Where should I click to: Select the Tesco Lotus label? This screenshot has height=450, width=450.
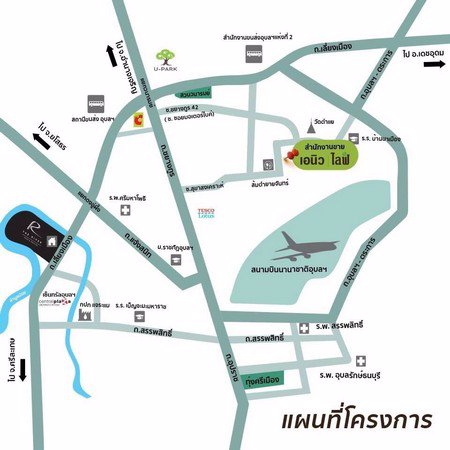coord(207,214)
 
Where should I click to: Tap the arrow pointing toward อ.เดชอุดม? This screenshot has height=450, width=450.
coord(433,64)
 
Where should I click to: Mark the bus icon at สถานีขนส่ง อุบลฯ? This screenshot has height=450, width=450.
coord(98,103)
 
